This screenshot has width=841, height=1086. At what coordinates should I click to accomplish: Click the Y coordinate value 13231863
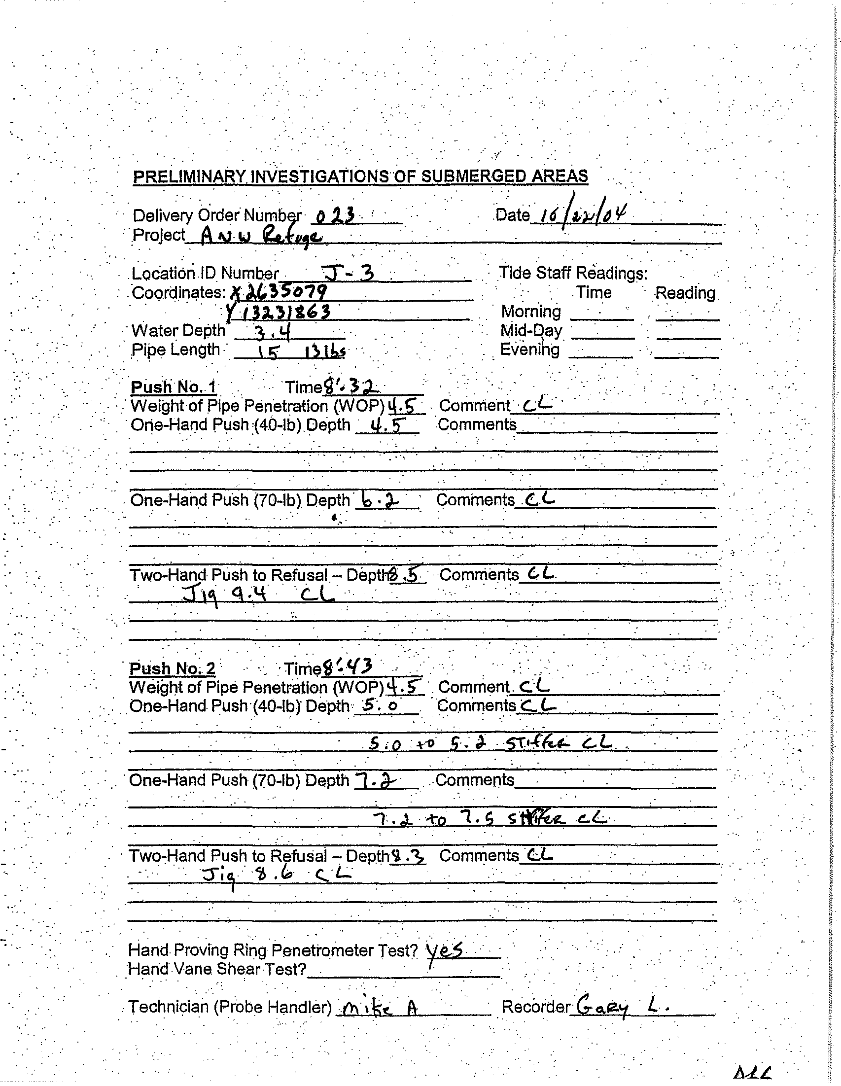pyautogui.click(x=279, y=312)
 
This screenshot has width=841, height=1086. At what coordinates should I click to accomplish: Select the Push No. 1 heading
pyautogui.click(x=173, y=387)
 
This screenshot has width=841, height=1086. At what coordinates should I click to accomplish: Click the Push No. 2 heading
pyautogui.click(x=172, y=668)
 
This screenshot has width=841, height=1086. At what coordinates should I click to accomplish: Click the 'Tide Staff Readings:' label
pyautogui.click(x=573, y=273)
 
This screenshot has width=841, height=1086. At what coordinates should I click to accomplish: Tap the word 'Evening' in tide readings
pyautogui.click(x=529, y=350)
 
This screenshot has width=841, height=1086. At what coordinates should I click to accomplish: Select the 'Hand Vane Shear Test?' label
pyautogui.click(x=217, y=969)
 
